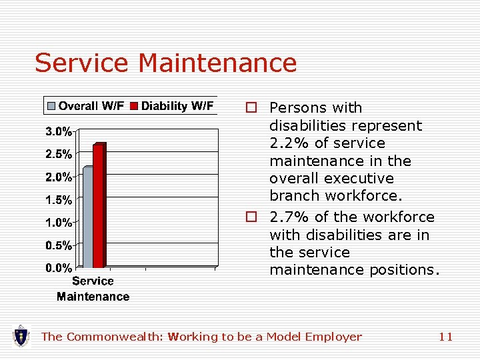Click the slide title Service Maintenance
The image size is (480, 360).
point(165,63)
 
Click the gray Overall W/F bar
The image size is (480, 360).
point(87,217)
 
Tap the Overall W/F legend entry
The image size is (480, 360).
point(85,106)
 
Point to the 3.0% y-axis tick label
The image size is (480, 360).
point(59,131)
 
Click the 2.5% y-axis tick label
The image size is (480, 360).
point(59,154)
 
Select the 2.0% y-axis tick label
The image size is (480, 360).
point(59,177)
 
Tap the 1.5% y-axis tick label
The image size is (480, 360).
point(59,199)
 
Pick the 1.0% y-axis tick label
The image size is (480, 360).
point(59,222)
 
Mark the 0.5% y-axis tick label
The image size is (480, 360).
point(59,245)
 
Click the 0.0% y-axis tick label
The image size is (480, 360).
point(59,268)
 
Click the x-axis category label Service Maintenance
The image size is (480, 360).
point(93,289)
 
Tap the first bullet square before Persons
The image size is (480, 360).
point(251,108)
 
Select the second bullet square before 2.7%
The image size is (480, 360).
point(251,217)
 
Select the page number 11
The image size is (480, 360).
point(445,337)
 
